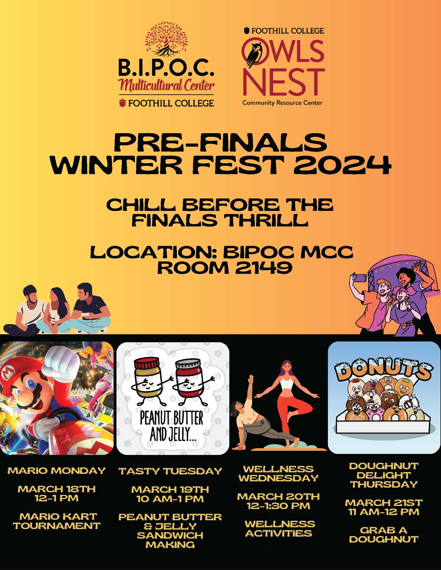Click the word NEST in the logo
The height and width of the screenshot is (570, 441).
pos(284,82)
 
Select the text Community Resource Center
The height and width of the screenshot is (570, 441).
pos(282,103)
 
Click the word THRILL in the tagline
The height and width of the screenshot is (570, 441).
pos(265,220)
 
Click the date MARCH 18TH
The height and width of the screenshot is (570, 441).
pos(57,489)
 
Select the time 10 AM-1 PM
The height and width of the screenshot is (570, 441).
pos(170,499)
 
